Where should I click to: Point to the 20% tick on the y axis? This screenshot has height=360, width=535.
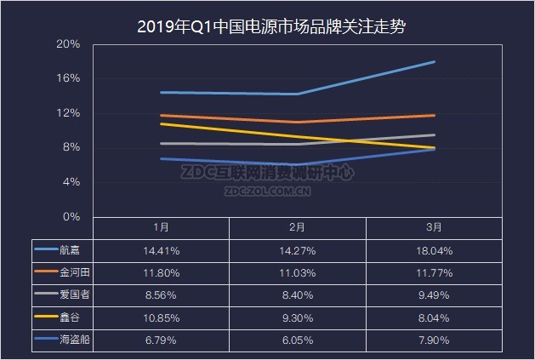(x=69, y=43)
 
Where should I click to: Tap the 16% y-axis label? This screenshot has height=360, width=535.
(x=69, y=78)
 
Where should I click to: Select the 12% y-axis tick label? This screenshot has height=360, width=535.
(x=69, y=113)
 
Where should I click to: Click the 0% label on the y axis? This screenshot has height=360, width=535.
(x=71, y=217)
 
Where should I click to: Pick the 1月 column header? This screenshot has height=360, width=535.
(x=161, y=227)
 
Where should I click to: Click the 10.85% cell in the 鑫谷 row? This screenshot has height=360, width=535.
(x=161, y=316)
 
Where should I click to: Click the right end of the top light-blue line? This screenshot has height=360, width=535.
(x=435, y=61)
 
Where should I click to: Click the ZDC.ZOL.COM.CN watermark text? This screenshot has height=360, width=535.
(x=268, y=191)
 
